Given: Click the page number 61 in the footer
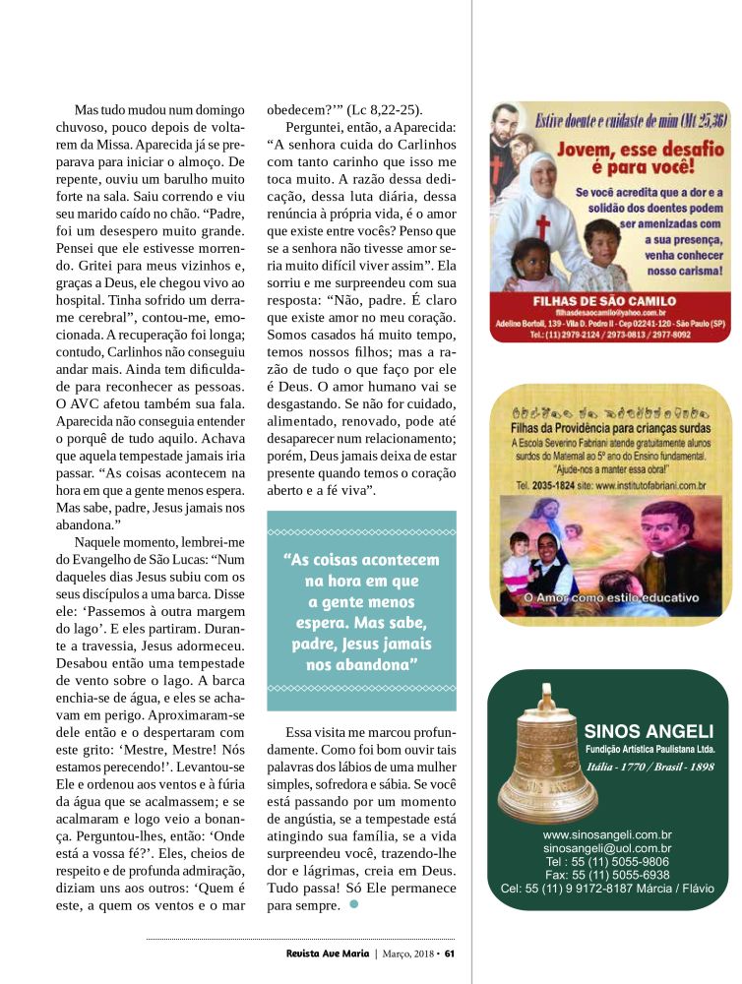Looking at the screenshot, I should click(449, 953).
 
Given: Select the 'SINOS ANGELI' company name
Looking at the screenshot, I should click(649, 731).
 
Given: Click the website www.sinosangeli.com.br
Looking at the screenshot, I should click(607, 833).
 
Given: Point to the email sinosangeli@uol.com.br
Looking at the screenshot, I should click(607, 847).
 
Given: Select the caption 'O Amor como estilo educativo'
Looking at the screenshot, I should click(610, 596).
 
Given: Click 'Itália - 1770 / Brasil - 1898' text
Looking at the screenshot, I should click(649, 766).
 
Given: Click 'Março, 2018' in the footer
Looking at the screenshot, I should click(408, 953).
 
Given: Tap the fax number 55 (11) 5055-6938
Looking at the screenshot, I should click(607, 875).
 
